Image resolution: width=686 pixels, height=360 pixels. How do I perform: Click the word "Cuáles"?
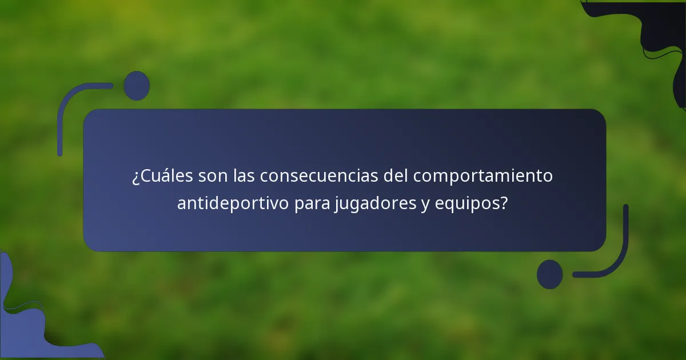(166, 177)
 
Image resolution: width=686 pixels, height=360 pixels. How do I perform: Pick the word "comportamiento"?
(483, 177)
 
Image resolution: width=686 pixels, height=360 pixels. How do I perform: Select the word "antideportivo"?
(233, 203)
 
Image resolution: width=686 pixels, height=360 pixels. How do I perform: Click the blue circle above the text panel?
(137, 86)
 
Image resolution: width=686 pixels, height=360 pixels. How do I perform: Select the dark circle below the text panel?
(549, 274)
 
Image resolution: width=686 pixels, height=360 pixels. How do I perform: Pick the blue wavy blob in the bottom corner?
(29, 326)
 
